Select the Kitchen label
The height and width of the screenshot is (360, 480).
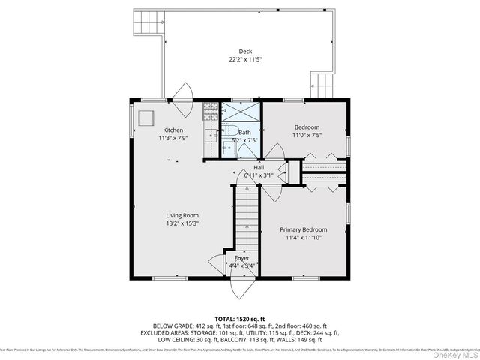(x=173, y=130)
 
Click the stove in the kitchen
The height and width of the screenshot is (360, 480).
(x=210, y=112)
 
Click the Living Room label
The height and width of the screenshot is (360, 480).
(x=181, y=215)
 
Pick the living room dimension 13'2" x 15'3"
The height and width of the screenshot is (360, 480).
(x=181, y=223)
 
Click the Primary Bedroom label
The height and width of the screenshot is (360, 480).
(x=302, y=229)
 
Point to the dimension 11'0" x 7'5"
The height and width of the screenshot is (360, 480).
(x=307, y=136)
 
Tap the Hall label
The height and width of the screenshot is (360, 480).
(x=258, y=167)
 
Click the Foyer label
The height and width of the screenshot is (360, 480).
(x=242, y=257)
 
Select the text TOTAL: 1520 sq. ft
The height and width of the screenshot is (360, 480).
(x=240, y=319)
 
